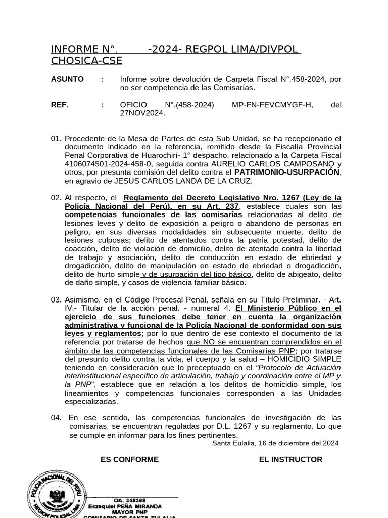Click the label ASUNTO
pyautogui.click(x=67, y=79)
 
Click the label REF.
pyautogui.click(x=60, y=105)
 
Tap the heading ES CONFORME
pyautogui.click(x=129, y=459)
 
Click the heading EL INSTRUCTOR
pyautogui.click(x=290, y=459)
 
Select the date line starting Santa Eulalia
pyautogui.click(x=275, y=443)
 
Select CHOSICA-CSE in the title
pyautogui.click(x=86, y=61)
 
